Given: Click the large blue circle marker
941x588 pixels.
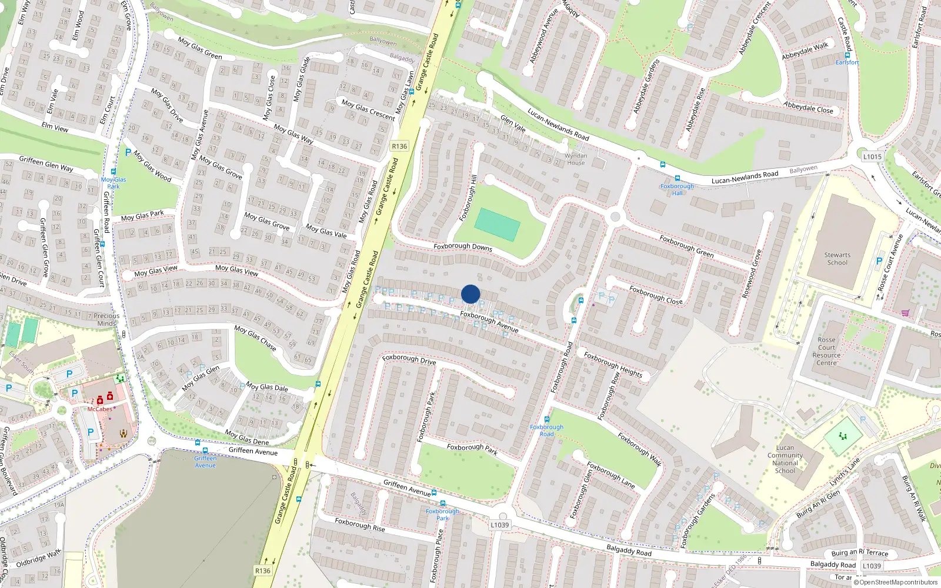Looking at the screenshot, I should [470, 294].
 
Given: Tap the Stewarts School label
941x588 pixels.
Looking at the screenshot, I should [837, 259].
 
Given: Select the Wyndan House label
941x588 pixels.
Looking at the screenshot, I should [576, 159].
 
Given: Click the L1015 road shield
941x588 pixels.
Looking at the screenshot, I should [872, 156].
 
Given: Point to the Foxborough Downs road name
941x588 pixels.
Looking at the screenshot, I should [463, 247].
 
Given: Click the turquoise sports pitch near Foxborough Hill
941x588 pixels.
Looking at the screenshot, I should [497, 224].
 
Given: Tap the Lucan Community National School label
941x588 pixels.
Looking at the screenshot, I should [785, 459].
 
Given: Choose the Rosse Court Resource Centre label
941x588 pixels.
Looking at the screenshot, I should [826, 351].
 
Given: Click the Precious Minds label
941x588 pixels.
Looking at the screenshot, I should [106, 319].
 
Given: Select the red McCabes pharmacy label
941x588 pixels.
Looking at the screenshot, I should [99, 409].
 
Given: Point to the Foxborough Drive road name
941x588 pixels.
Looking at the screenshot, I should [409, 359].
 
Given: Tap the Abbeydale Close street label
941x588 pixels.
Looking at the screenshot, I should [808, 108].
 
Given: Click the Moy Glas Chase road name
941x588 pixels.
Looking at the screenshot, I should [255, 338].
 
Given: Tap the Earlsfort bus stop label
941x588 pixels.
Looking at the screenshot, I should [847, 62].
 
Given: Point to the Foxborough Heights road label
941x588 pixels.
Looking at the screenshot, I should [613, 365].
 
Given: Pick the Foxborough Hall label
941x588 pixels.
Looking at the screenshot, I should [677, 189].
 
